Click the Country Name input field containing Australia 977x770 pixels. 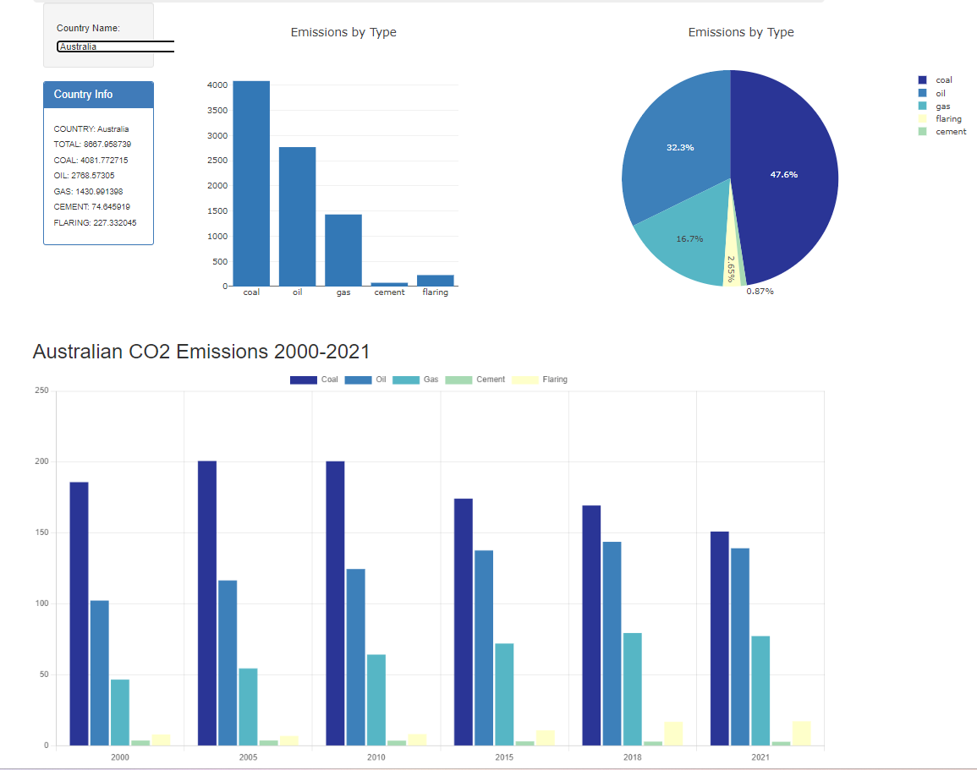[115, 46]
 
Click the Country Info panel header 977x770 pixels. [98, 95]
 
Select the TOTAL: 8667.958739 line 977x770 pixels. [92, 145]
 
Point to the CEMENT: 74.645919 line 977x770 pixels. [91, 207]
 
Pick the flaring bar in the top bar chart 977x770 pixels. [435, 281]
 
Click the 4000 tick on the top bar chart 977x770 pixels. [217, 85]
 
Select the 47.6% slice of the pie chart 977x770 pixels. [783, 175]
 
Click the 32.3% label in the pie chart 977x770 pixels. [680, 148]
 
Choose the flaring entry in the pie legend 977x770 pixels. [947, 118]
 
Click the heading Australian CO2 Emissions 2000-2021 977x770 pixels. [201, 352]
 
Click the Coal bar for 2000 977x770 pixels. [79, 614]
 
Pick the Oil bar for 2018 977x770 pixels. [612, 643]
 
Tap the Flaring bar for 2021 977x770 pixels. [801, 734]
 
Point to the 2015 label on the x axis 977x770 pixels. [504, 757]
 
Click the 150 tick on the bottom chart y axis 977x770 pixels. [41, 533]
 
